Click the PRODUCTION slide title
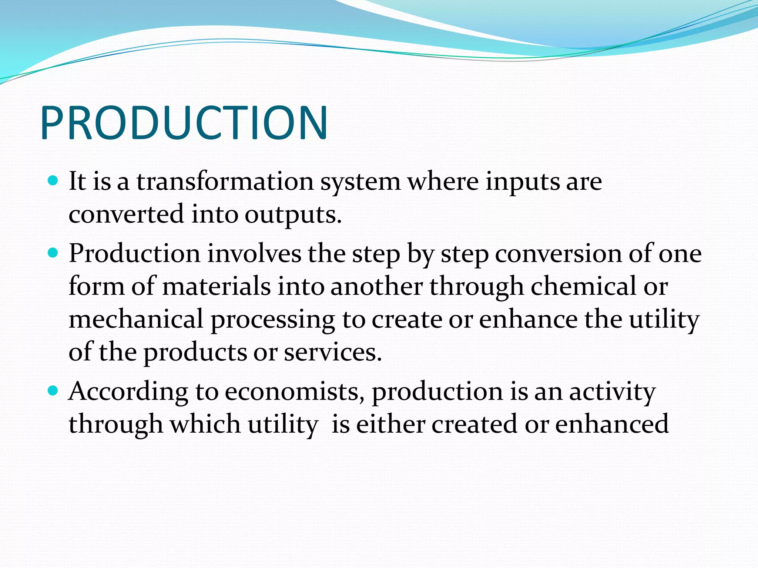[184, 123]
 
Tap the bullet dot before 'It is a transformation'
[54, 181]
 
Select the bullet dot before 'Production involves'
[54, 253]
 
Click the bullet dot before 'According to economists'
[54, 391]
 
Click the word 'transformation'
[225, 182]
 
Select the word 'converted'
[126, 214]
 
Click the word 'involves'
[254, 254]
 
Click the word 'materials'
[217, 287]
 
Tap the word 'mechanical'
[136, 319]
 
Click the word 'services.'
[333, 352]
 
